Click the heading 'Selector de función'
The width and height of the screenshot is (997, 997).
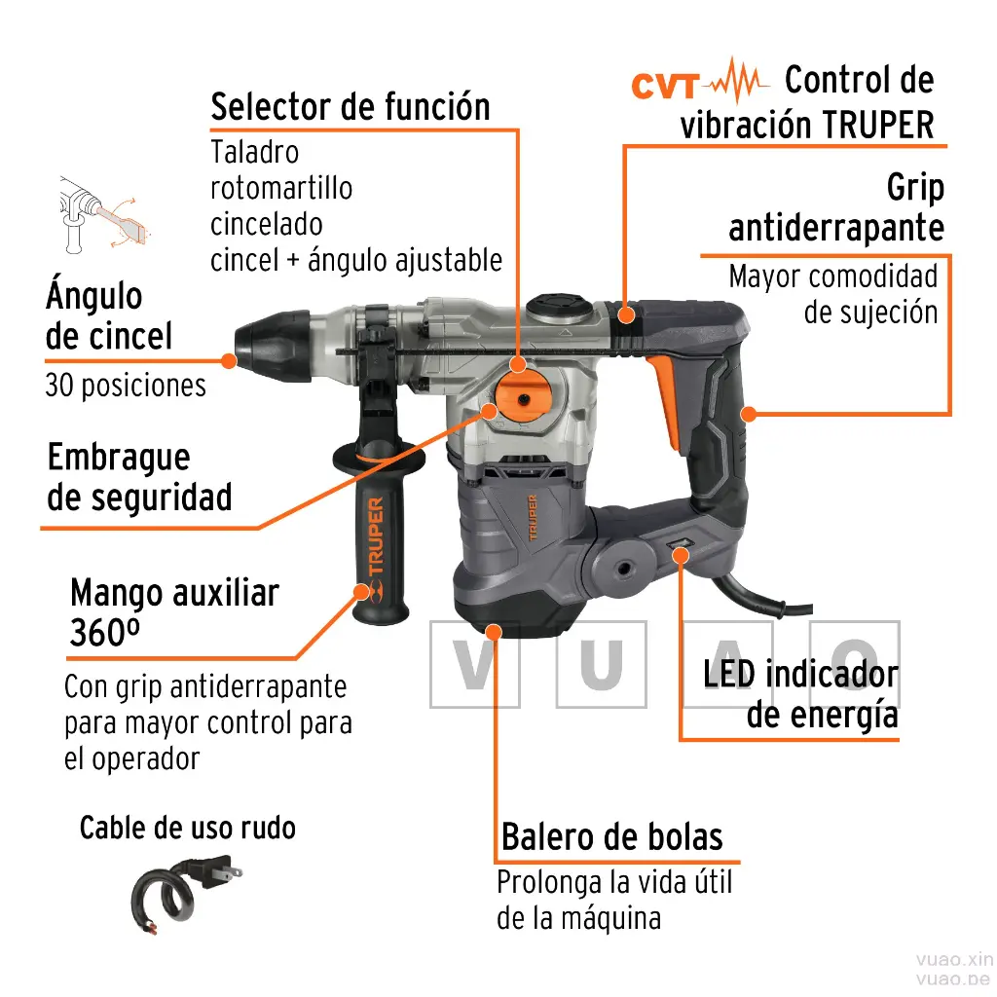pos(350,106)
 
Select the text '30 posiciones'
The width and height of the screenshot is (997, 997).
pos(126,386)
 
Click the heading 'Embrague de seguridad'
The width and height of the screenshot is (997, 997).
pos(139,477)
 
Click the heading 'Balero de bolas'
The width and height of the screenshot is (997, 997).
pos(611,836)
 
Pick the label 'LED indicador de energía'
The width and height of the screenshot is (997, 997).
pos(800,694)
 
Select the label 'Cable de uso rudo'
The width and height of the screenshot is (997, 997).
pos(187,828)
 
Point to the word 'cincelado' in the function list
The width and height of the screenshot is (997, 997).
pos(266,224)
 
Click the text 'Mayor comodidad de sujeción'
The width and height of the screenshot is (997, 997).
pos(832,293)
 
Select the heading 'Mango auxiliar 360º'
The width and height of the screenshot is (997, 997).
pos(174,612)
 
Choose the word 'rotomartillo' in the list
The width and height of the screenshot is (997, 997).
pos(281,188)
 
